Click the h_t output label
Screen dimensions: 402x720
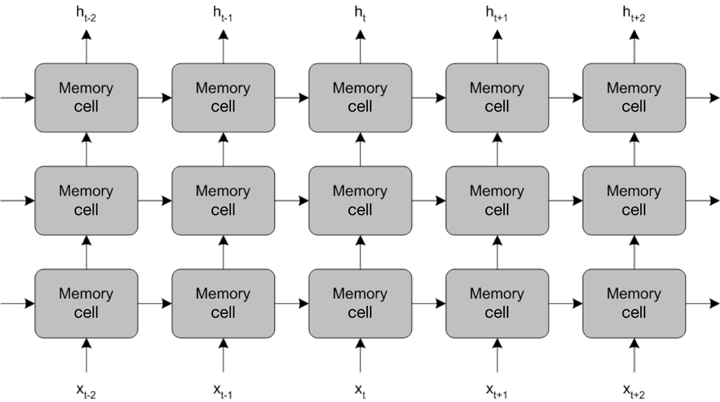(x=360, y=12)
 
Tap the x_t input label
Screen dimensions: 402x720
(x=360, y=391)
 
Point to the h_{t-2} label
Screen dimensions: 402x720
(x=86, y=12)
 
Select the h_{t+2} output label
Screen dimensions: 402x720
(x=634, y=12)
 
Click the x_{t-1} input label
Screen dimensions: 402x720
(x=222, y=391)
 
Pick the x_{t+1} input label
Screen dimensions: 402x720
(x=497, y=391)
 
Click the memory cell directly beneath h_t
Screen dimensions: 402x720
(x=360, y=97)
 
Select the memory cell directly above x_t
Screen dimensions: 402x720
(x=360, y=303)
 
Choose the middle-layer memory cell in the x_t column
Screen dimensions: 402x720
(x=360, y=200)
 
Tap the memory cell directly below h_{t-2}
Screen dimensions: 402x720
(x=86, y=97)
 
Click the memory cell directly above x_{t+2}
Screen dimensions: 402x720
(x=634, y=303)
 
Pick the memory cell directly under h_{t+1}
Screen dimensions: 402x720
(x=497, y=97)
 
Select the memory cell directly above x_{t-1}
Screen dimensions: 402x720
(x=223, y=303)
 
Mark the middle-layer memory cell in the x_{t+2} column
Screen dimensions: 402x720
(x=634, y=200)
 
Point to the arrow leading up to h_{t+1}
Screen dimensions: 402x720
(x=497, y=47)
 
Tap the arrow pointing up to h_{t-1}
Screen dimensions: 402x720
(x=223, y=47)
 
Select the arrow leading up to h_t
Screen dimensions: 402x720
(x=360, y=47)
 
